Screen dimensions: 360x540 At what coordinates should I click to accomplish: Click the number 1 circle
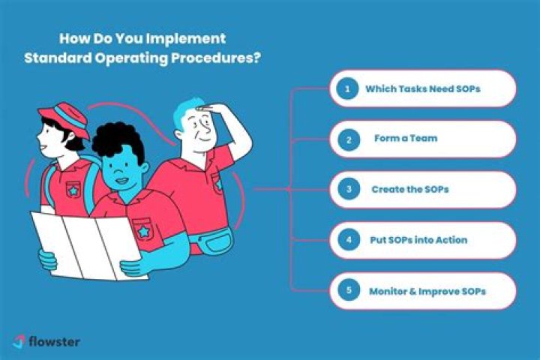(x=347, y=88)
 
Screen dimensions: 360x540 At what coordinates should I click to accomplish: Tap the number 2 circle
(x=347, y=139)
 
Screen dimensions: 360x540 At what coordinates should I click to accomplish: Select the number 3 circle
(x=347, y=189)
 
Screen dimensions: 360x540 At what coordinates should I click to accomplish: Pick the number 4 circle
(x=347, y=240)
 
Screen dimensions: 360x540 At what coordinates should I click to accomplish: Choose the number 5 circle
(x=347, y=290)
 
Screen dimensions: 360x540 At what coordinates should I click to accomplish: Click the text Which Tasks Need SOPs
(x=422, y=88)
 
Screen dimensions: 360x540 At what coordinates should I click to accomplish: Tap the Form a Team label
(x=406, y=139)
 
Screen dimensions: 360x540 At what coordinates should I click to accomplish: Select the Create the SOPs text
(x=409, y=189)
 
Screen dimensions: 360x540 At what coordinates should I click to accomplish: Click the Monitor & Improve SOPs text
(x=427, y=290)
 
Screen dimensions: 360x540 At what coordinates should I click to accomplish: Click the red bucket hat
(x=64, y=119)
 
